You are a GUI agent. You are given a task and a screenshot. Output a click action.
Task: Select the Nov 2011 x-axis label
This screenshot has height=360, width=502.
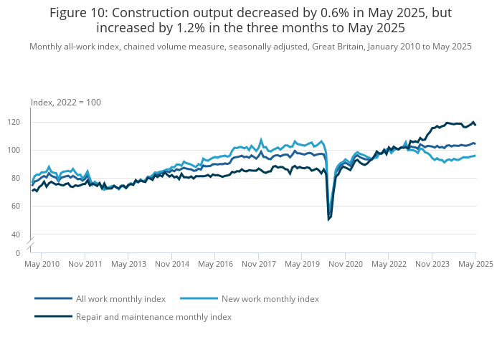pos(85,265)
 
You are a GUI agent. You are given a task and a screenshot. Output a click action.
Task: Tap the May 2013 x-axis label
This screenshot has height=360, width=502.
pos(128,265)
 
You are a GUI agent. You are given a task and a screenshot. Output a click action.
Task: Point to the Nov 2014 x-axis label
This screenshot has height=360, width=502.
pos(171,265)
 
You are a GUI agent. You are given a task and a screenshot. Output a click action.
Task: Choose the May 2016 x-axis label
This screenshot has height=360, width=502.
pos(214,265)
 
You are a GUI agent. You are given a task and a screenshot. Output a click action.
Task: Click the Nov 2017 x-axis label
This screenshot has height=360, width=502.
pos(258,265)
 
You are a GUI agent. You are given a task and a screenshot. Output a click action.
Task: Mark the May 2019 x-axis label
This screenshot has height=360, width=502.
pos(301,265)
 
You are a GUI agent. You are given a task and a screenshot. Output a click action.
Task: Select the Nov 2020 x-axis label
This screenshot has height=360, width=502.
pos(345,265)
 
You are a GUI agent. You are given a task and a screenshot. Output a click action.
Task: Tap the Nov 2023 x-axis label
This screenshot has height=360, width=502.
pos(432,265)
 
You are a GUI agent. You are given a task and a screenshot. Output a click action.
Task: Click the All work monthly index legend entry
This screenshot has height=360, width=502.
pos(120,298)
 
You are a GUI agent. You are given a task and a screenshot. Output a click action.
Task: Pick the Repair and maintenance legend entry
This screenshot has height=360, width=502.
pos(153,316)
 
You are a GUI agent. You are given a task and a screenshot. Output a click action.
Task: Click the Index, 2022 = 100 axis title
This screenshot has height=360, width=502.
pos(66,103)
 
